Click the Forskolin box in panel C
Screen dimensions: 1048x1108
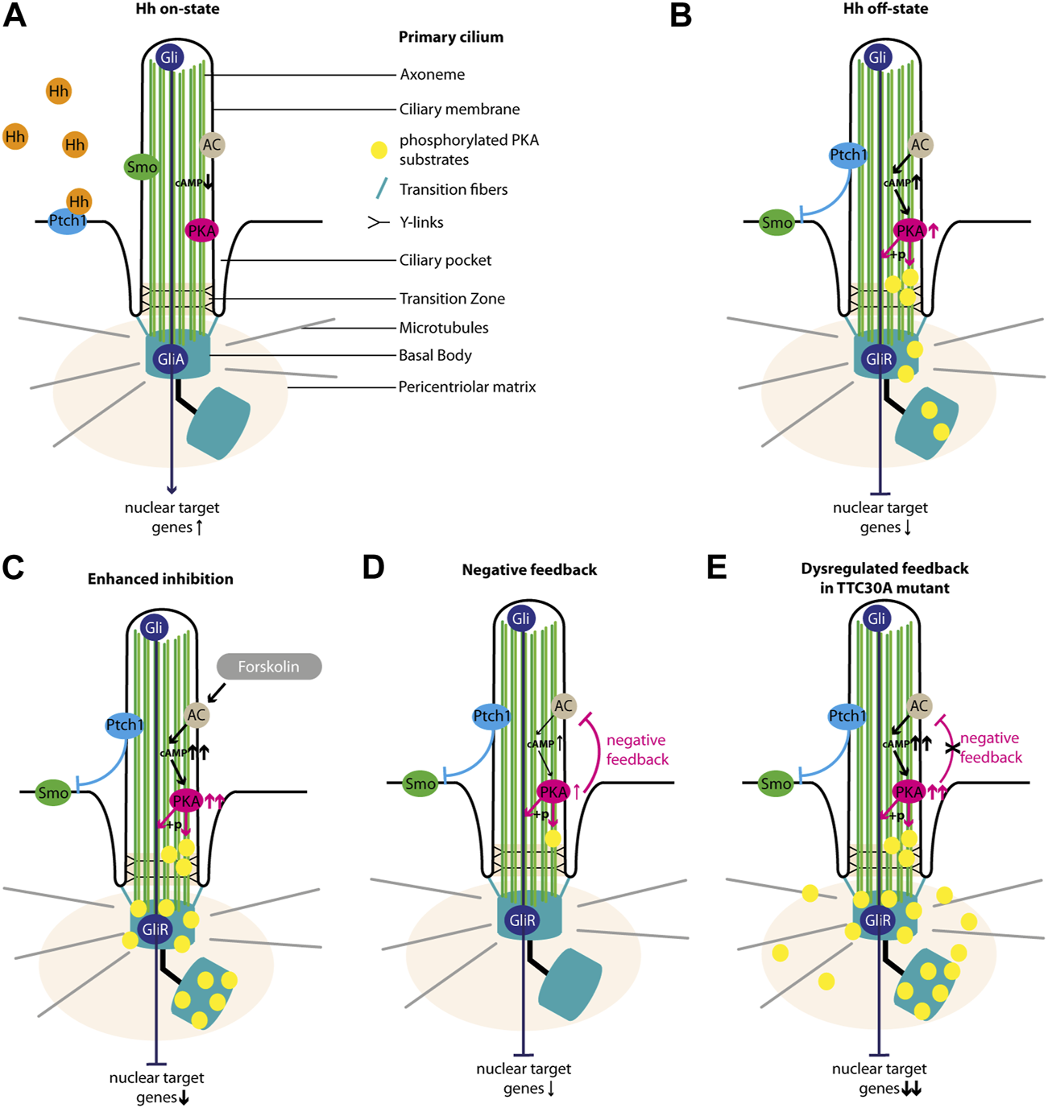pyautogui.click(x=269, y=667)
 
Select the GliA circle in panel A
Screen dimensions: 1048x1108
pyautogui.click(x=171, y=359)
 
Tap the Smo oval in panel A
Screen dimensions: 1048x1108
pyautogui.click(x=142, y=167)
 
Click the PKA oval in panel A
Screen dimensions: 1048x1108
pyautogui.click(x=201, y=230)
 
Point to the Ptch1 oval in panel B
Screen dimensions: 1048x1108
pyautogui.click(x=848, y=155)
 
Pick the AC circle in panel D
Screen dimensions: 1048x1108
pyautogui.click(x=563, y=705)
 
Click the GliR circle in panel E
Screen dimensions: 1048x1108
pyautogui.click(x=878, y=920)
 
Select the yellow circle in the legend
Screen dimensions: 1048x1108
pyautogui.click(x=379, y=150)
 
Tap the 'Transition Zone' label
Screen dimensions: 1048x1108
pyautogui.click(x=452, y=299)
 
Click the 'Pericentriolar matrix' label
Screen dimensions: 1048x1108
pyautogui.click(x=467, y=387)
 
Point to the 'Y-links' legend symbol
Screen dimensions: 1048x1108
pyautogui.click(x=379, y=222)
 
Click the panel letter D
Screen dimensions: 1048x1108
pyautogui.click(x=374, y=568)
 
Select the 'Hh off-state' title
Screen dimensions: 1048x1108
pyautogui.click(x=885, y=9)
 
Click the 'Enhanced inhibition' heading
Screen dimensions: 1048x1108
pyautogui.click(x=160, y=579)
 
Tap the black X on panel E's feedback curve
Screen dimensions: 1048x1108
pyautogui.click(x=952, y=748)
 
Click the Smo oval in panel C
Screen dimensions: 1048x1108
pyautogui.click(x=53, y=793)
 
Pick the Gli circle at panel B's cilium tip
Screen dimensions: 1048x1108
pyautogui.click(x=878, y=57)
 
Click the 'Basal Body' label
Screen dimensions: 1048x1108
pyautogui.click(x=435, y=356)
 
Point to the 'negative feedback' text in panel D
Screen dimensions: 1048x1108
pyautogui.click(x=638, y=750)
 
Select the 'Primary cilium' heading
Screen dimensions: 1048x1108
pyautogui.click(x=451, y=37)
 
